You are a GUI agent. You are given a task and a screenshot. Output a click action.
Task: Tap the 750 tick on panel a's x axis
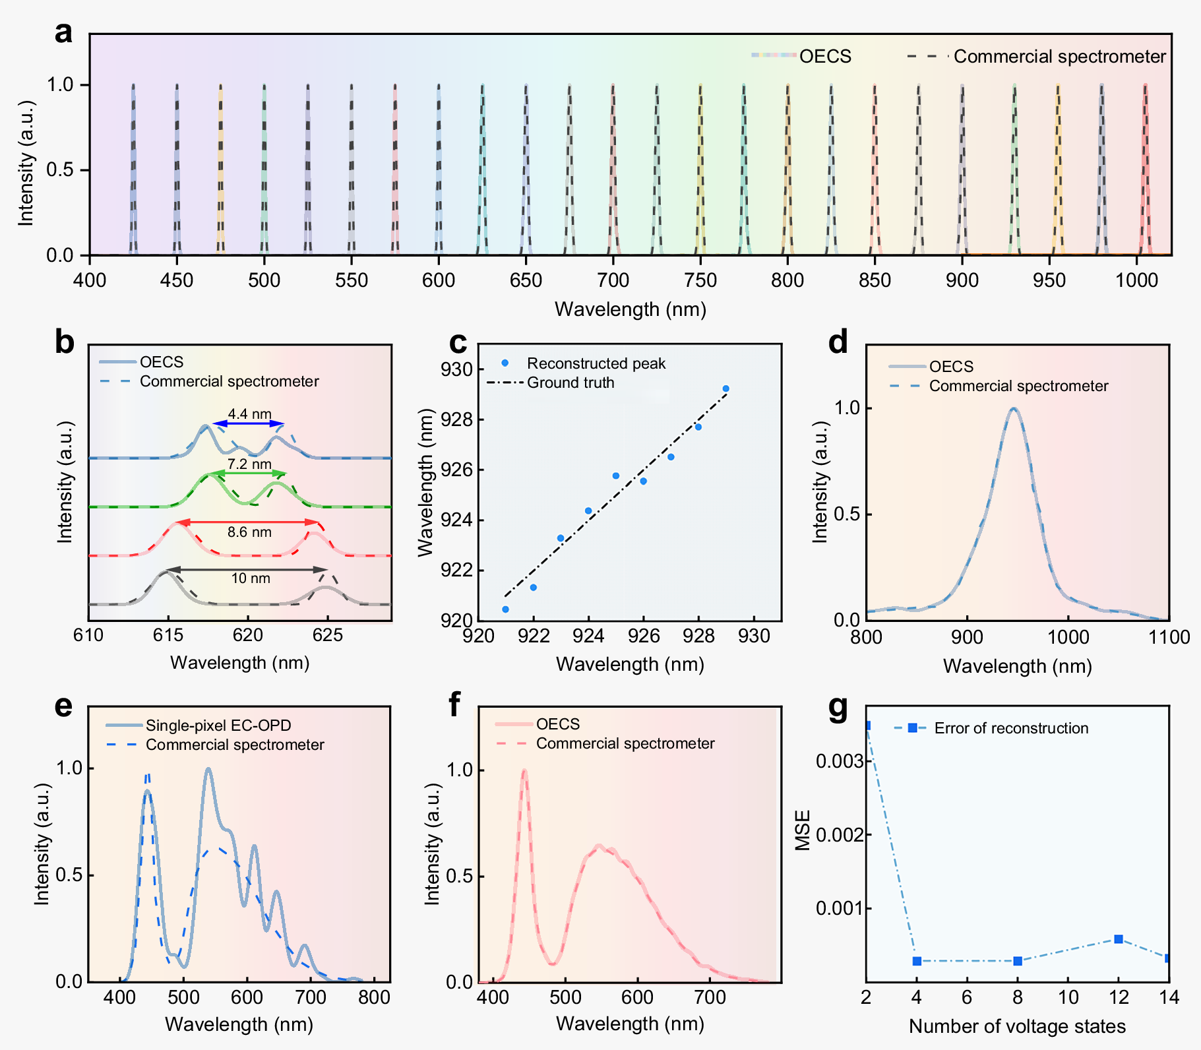click(700, 280)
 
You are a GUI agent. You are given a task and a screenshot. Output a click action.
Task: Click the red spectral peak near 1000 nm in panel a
click(1145, 165)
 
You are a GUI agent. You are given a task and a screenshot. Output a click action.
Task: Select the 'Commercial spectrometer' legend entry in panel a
click(1059, 57)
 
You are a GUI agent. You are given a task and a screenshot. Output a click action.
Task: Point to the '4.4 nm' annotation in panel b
click(249, 414)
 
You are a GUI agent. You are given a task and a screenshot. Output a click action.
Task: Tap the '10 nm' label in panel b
click(251, 578)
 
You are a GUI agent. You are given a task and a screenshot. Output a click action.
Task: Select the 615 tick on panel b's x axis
click(168, 635)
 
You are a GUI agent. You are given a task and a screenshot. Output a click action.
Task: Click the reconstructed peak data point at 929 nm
click(725, 389)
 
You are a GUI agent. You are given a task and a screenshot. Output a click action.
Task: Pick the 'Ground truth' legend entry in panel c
click(570, 383)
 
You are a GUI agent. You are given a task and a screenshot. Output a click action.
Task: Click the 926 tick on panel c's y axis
click(456, 470)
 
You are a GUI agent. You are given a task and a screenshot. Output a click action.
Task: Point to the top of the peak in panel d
click(1014, 409)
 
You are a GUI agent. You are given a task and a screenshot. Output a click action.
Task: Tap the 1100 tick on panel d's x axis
click(1168, 637)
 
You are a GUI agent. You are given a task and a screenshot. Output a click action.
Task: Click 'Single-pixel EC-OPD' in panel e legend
click(218, 726)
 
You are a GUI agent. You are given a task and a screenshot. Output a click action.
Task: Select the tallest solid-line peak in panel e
click(208, 769)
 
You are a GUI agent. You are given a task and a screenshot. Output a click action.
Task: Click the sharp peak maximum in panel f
click(524, 770)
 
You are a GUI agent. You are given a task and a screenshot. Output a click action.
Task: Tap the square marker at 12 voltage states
click(1119, 939)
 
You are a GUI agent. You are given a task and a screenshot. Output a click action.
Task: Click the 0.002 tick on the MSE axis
click(840, 835)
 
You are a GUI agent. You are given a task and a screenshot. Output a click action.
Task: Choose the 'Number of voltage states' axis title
click(1017, 1026)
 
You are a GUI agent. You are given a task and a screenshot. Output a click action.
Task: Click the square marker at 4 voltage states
click(917, 961)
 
